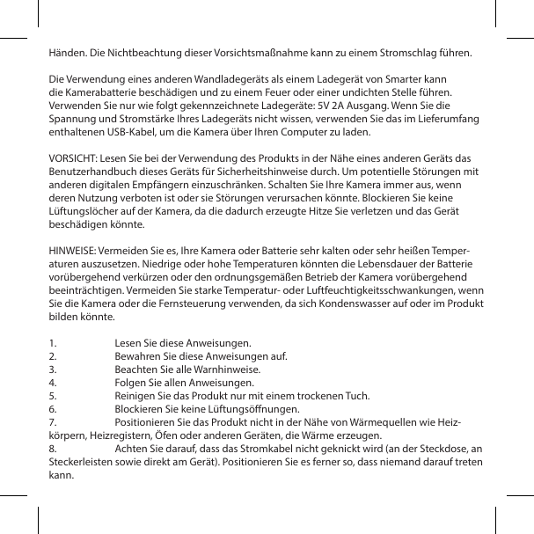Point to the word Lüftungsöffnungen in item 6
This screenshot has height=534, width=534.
(255, 409)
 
